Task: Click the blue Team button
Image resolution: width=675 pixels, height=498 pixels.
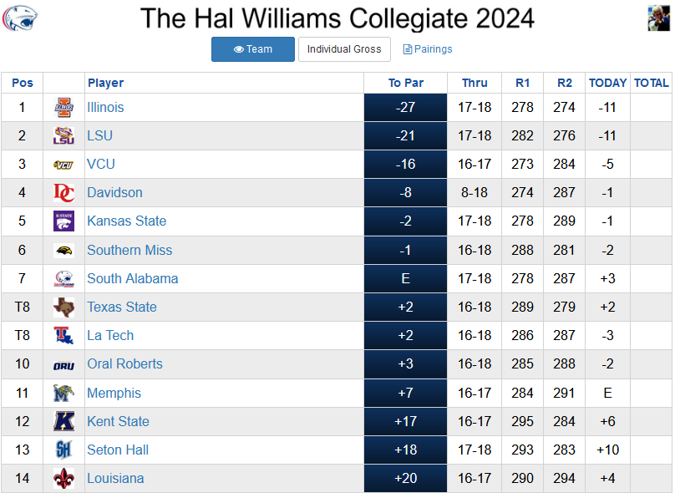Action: [x=252, y=49]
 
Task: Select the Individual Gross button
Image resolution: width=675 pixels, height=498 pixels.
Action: [x=344, y=49]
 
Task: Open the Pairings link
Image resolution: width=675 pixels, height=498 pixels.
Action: [x=428, y=49]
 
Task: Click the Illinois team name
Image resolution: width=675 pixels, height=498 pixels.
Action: [x=105, y=107]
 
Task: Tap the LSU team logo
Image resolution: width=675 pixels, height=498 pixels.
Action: [x=63, y=135]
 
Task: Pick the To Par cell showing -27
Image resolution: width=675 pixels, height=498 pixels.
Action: [x=405, y=107]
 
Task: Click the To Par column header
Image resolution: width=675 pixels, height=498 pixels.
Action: [x=405, y=83]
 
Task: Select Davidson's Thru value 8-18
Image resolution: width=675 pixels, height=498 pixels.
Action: [x=474, y=192]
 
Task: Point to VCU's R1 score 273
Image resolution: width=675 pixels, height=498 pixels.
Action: [x=522, y=164]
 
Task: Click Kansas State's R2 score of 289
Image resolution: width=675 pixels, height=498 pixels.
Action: [x=564, y=221]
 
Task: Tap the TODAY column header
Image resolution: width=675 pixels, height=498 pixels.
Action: [x=607, y=83]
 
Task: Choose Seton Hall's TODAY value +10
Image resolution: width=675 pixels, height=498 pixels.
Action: [x=607, y=450]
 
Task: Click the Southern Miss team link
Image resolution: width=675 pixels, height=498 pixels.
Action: [x=129, y=250]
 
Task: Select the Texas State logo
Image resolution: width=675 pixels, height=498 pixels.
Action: [x=63, y=307]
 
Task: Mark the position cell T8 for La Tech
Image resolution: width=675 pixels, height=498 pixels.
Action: [x=23, y=335]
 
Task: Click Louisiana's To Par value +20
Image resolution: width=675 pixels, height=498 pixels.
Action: [x=405, y=478]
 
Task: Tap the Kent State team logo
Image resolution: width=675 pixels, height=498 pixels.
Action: [x=63, y=421]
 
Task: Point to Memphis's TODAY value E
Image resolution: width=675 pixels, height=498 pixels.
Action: [x=607, y=393]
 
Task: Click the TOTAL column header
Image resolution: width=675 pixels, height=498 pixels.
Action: [x=651, y=83]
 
